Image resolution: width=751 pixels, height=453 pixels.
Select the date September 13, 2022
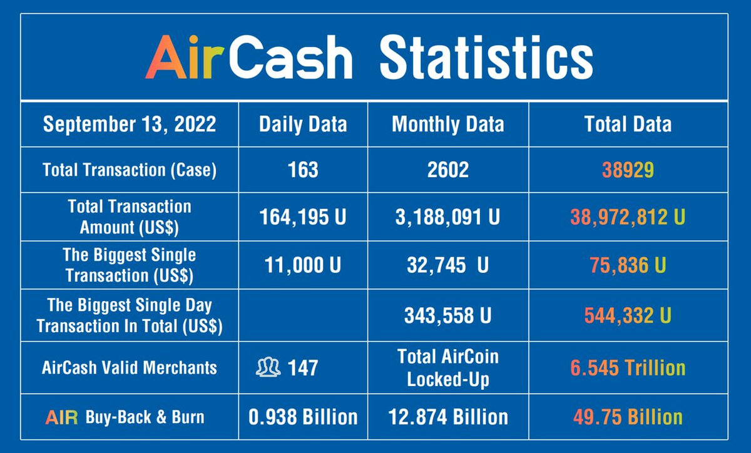point(130,124)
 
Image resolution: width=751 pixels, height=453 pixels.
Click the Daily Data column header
point(303,124)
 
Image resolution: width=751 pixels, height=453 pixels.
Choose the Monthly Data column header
point(447,124)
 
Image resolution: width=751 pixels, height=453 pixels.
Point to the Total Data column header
point(628,124)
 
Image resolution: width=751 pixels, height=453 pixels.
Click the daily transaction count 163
point(304,170)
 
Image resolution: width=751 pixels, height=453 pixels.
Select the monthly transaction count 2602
point(447,170)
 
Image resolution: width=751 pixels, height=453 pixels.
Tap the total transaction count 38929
point(628,170)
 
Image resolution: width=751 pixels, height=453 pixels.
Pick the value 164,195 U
point(303,217)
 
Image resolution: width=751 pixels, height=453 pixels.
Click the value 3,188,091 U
point(447,217)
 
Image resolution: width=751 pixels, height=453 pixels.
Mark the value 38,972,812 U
point(628,217)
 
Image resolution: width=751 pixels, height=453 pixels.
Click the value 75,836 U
point(628,265)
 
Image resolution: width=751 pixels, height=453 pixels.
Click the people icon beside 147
point(267,367)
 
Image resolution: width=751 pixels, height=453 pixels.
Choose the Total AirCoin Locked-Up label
point(447,367)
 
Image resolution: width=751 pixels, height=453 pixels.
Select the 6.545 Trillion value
point(628,367)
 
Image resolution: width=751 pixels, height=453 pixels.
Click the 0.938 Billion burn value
point(303,417)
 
